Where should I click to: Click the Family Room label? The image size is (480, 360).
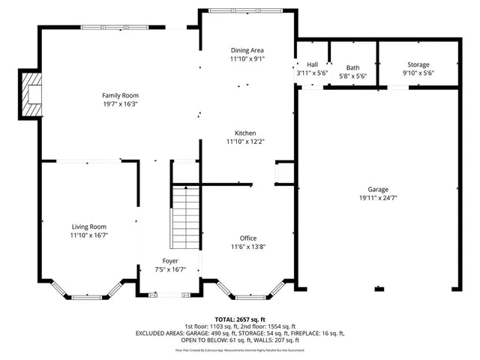(x=120, y=95)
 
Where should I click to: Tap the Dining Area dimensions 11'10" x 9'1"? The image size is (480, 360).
(x=247, y=58)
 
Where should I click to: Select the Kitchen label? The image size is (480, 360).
(x=246, y=133)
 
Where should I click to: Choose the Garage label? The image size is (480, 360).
(x=378, y=190)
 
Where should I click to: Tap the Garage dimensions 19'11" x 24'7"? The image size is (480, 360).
(x=378, y=198)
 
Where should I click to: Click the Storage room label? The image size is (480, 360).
(x=418, y=65)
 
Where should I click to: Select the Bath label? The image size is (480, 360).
(x=352, y=67)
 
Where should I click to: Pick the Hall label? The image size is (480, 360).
(x=311, y=65)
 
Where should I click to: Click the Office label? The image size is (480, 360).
(x=247, y=238)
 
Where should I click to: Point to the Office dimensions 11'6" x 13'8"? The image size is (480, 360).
(x=247, y=247)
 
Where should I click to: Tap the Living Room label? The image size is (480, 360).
(x=88, y=226)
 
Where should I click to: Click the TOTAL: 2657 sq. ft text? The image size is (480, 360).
(x=240, y=319)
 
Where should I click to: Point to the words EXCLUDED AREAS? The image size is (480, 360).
(x=161, y=332)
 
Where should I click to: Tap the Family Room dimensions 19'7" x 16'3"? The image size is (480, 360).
(x=120, y=103)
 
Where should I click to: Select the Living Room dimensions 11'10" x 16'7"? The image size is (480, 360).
(x=88, y=235)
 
